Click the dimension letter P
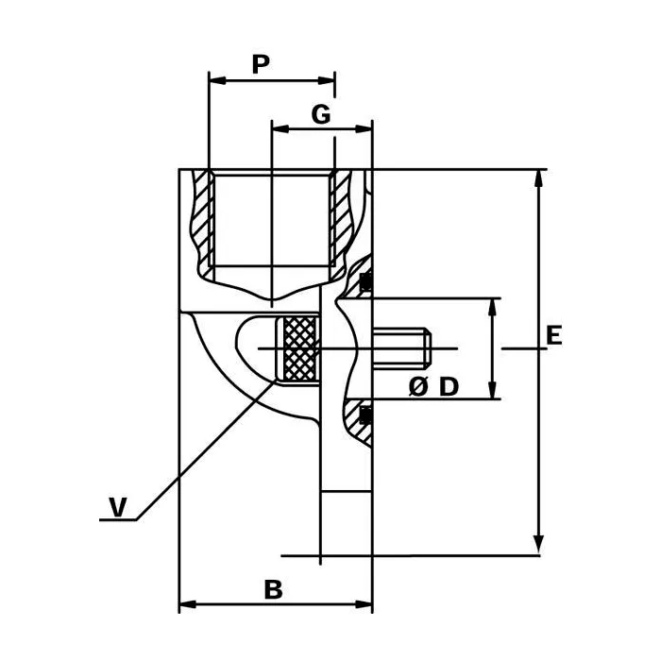(x=261, y=64)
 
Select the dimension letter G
(x=321, y=114)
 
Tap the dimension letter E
(x=554, y=335)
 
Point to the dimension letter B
(x=273, y=589)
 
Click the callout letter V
(x=118, y=507)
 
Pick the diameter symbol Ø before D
(x=417, y=386)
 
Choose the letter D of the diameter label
(x=449, y=386)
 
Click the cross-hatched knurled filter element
(x=299, y=349)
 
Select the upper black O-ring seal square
(x=365, y=281)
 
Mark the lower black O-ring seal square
(x=365, y=415)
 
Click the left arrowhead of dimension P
(x=217, y=80)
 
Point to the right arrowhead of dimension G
(x=364, y=128)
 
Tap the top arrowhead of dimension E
(x=538, y=178)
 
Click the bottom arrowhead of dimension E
(x=538, y=546)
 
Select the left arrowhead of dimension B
(x=188, y=604)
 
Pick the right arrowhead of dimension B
(x=364, y=604)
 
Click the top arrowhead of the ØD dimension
(x=492, y=307)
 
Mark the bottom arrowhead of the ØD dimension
(x=492, y=389)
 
